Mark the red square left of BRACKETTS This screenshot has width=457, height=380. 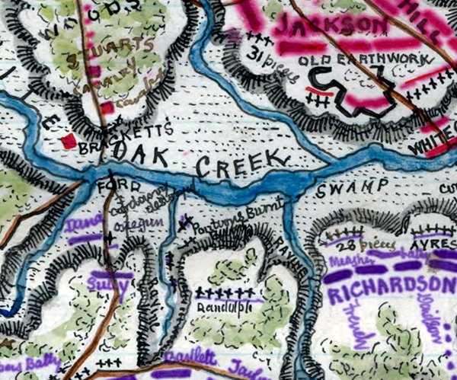(69, 141)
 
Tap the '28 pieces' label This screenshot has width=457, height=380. (353, 247)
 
